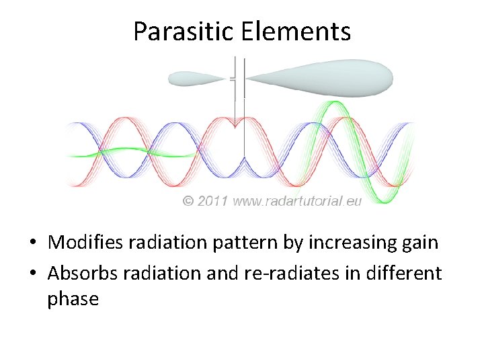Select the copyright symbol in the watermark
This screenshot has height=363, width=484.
tap(188, 201)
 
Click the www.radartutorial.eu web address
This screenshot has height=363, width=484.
tap(297, 201)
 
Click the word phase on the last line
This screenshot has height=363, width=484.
tap(73, 298)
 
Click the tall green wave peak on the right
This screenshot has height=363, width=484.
tap(334, 104)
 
